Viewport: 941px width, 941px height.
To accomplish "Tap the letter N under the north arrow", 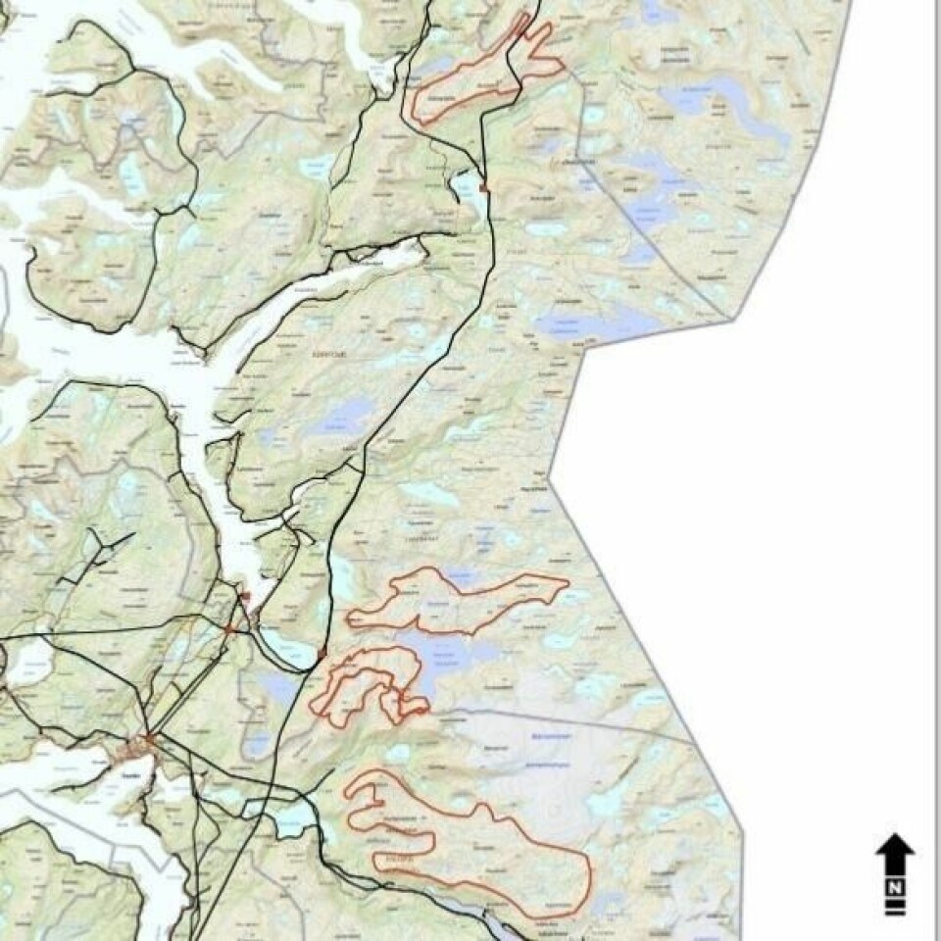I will pos(895,888).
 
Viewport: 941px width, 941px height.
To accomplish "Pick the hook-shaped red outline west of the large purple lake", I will pos(368,686).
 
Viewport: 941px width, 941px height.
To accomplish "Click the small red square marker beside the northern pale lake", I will pos(483,187).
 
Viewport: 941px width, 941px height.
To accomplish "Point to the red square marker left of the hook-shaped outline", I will pos(322,653).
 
